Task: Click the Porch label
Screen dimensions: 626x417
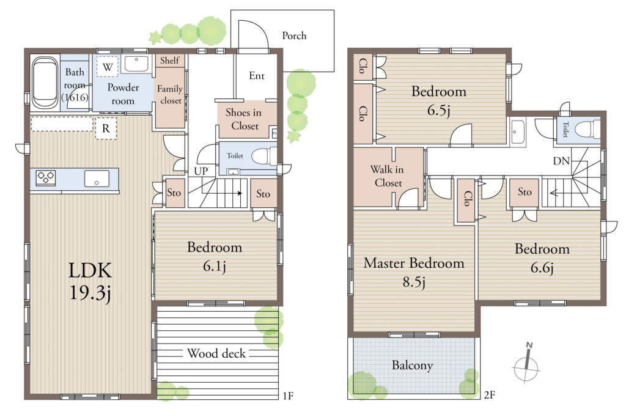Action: [294, 36]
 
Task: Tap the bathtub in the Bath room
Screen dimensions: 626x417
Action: [45, 83]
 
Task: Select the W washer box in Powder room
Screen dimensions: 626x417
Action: [108, 67]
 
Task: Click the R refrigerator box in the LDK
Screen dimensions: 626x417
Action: [106, 128]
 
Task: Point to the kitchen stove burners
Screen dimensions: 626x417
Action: [45, 178]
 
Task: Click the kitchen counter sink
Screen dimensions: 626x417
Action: [97, 179]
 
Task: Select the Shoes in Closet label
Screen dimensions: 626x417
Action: [243, 119]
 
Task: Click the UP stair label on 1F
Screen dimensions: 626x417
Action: [201, 171]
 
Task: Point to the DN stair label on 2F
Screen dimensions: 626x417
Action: [561, 161]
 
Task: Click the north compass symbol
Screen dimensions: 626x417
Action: [527, 363]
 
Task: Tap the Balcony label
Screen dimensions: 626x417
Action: [412, 365]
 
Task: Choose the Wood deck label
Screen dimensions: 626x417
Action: [216, 353]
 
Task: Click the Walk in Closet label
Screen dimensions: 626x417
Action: [387, 176]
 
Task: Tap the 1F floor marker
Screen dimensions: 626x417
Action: [288, 396]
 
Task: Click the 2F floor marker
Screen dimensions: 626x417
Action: [490, 395]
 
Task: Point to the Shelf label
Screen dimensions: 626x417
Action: [170, 61]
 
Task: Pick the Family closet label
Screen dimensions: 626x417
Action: [170, 95]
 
